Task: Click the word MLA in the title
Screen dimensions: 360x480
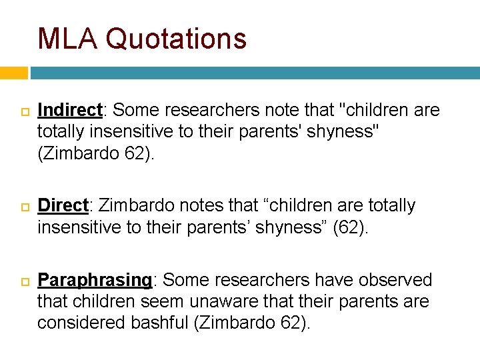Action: [67, 39]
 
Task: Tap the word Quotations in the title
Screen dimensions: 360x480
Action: [176, 39]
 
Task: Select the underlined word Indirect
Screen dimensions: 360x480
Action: [69, 110]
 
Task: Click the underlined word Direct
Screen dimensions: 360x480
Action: [63, 206]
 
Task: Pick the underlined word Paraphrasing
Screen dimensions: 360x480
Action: [95, 281]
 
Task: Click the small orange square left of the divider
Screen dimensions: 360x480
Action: [13, 73]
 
